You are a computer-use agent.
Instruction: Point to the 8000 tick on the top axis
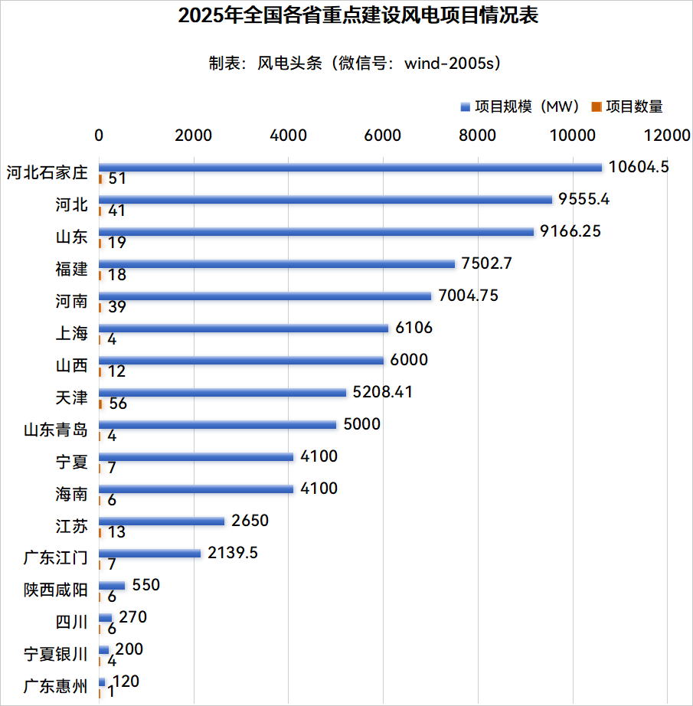tap(477, 136)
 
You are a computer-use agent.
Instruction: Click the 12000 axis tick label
tap(666, 136)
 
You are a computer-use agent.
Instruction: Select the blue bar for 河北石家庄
tap(350, 167)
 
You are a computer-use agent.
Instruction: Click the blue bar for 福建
tap(276, 264)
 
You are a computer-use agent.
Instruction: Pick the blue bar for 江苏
tap(162, 521)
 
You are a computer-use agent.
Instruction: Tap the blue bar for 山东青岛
tap(217, 425)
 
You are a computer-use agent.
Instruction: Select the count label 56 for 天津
tap(118, 404)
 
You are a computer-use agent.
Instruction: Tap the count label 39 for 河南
tap(117, 307)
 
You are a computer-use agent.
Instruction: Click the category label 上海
tap(71, 333)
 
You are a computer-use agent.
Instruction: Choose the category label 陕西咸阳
tap(56, 590)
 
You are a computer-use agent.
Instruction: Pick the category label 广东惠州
tap(56, 687)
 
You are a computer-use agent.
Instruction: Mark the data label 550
tap(145, 585)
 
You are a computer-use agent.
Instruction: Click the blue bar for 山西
tap(241, 361)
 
